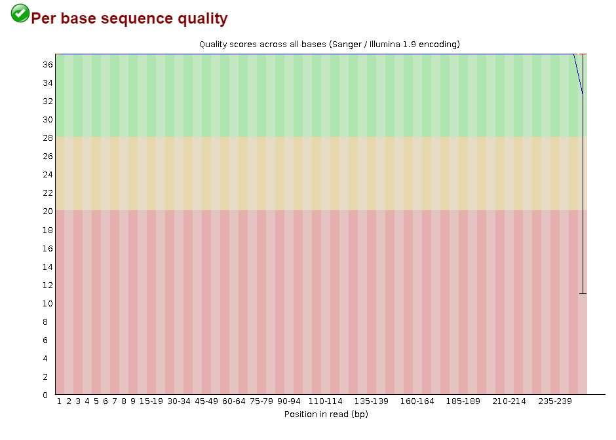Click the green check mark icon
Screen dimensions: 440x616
coord(20,14)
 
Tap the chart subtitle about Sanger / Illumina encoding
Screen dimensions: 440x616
coord(330,45)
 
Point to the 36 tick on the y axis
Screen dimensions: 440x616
coord(48,65)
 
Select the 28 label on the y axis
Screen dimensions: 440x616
coord(48,138)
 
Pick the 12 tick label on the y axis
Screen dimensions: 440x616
coord(48,285)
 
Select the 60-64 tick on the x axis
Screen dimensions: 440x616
coord(234,401)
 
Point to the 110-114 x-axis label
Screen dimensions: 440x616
coord(326,401)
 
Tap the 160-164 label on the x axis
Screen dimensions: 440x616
coord(417,401)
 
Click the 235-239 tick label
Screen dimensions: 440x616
coord(555,401)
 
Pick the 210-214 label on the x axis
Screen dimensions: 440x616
coord(509,401)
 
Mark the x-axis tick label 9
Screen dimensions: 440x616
coord(133,401)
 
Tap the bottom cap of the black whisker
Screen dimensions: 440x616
coord(583,293)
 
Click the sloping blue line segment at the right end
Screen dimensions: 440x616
coord(578,74)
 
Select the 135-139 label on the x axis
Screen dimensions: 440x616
coord(372,401)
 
